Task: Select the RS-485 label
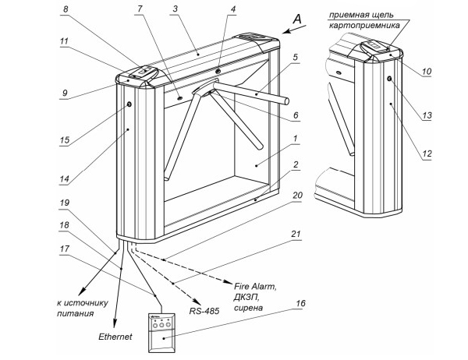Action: [203, 310]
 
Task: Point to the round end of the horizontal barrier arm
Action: [287, 101]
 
